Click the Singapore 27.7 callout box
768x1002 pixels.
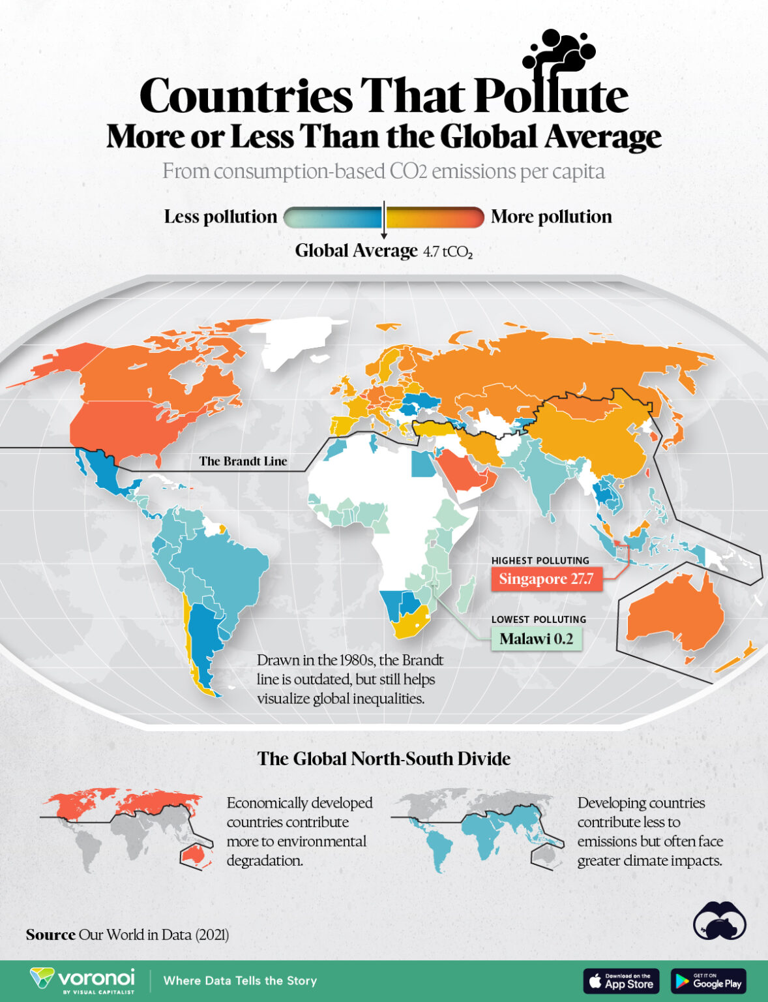pos(546,579)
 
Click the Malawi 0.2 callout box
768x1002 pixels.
pos(536,639)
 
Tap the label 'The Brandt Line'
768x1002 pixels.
pos(243,461)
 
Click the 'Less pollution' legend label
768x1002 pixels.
pos(220,217)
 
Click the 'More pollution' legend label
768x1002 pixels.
pos(551,217)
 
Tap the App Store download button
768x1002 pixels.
pos(621,980)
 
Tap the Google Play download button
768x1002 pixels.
pos(708,980)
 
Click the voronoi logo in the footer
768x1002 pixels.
pos(83,980)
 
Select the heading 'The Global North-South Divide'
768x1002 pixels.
pos(383,759)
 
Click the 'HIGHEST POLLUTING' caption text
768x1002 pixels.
pos(540,560)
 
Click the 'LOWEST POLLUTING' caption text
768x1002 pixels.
pos(539,620)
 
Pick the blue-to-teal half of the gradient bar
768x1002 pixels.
pos(333,217)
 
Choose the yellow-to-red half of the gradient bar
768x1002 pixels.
pos(435,217)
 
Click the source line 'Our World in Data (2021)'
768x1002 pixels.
pos(153,935)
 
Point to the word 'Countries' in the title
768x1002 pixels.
pos(246,96)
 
